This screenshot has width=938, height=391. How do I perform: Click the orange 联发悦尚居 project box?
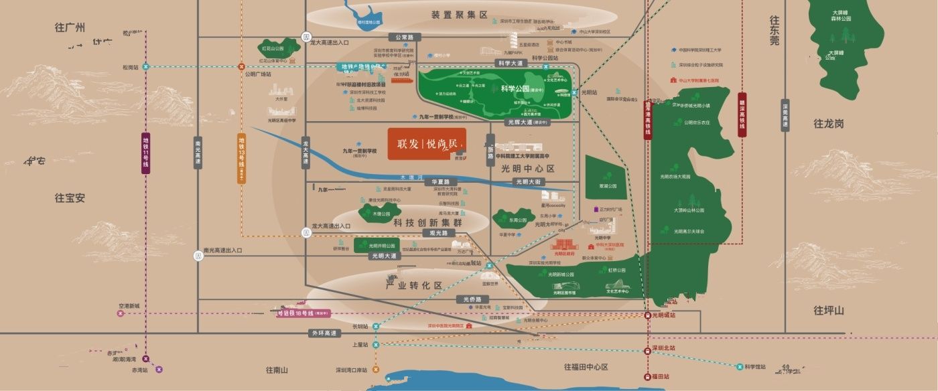click(427, 144)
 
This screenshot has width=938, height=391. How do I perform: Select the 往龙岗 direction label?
click(829, 124)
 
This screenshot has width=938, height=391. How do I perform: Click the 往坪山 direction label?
click(829, 310)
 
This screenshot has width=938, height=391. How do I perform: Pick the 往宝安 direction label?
click(70, 198)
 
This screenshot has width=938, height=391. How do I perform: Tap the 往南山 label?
click(276, 370)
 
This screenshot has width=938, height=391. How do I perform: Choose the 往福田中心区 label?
click(586, 367)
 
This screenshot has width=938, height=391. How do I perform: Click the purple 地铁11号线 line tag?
click(146, 153)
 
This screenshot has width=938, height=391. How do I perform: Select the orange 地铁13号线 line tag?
click(242, 158)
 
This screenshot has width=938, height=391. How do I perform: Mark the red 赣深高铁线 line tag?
click(742, 114)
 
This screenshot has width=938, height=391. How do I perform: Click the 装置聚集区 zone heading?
click(459, 15)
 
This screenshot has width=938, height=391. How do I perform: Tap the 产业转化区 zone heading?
click(415, 285)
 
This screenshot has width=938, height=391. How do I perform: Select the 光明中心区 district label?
click(529, 169)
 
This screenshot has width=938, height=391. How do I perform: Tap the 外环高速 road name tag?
click(323, 333)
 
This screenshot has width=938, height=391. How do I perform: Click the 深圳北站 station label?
click(664, 349)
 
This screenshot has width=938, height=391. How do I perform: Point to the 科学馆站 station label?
click(755, 366)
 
